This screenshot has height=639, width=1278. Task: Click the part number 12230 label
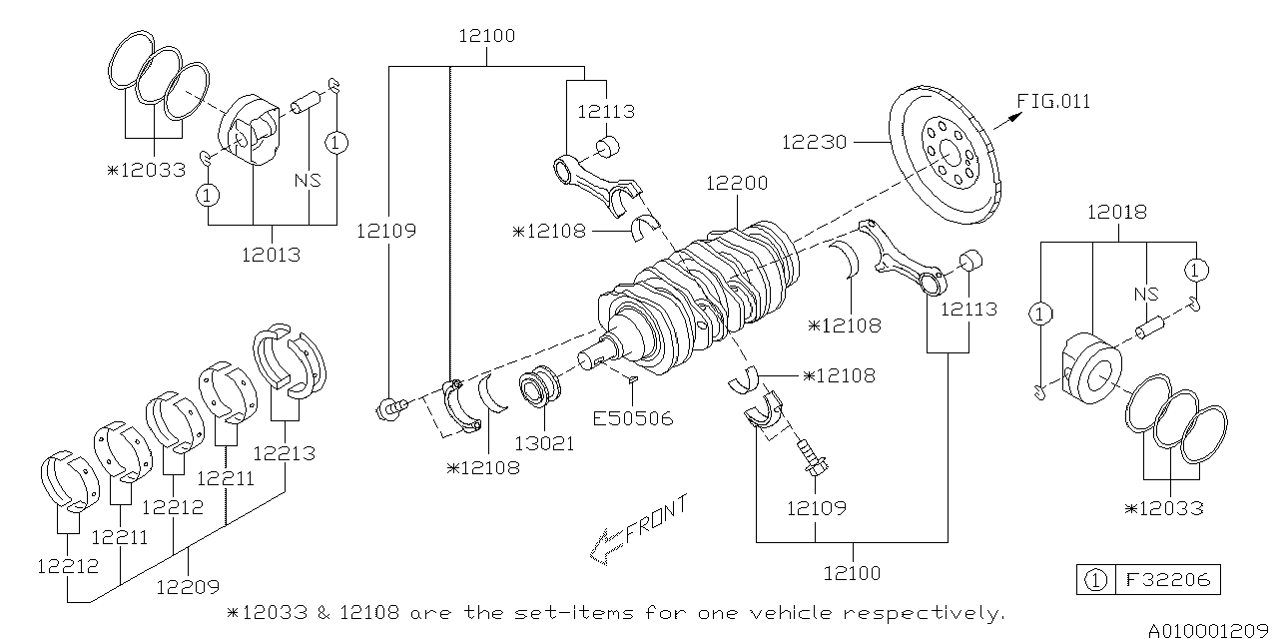tap(814, 143)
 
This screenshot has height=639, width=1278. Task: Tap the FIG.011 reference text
tap(1053, 101)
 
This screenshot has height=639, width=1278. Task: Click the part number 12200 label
tap(736, 184)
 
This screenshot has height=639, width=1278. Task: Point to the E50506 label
tap(633, 418)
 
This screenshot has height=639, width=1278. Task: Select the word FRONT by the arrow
tap(656, 520)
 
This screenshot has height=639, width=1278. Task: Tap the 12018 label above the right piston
tap(1116, 212)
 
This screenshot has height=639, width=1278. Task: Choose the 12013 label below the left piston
tap(271, 255)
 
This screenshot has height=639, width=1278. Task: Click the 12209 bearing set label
tap(187, 587)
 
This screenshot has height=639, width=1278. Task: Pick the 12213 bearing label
tap(284, 453)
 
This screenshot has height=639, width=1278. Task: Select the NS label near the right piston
tap(1145, 295)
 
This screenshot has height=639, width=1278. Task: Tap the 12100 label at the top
tap(487, 37)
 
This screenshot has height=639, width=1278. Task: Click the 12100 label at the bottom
tap(853, 573)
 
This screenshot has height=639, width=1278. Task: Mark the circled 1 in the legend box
tap(1094, 579)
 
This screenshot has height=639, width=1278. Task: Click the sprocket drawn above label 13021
tap(542, 388)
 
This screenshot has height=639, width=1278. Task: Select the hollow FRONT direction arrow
tap(607, 545)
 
